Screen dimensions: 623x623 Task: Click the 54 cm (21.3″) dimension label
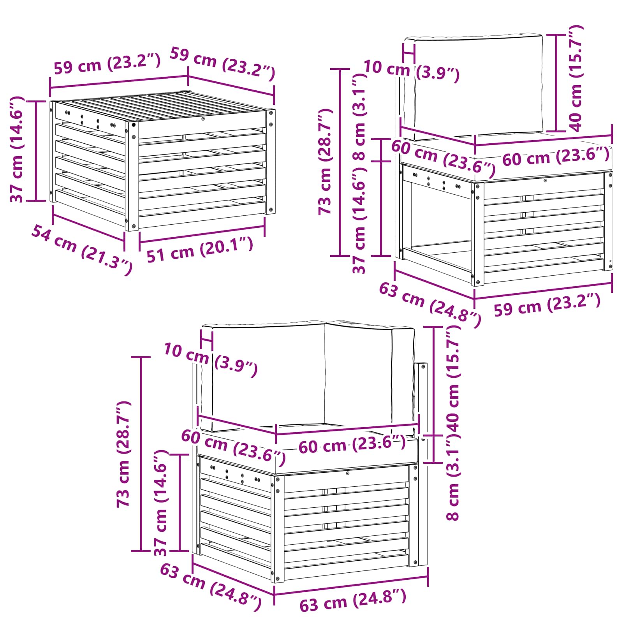[82, 249]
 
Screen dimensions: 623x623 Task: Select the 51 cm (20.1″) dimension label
[200, 250]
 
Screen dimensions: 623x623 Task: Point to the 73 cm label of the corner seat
[124, 454]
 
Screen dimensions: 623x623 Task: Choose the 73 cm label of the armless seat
[325, 161]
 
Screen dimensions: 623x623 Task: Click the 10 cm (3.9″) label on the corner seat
[210, 359]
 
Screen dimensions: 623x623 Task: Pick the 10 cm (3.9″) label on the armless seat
[411, 71]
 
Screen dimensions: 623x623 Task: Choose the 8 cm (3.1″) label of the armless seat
[359, 117]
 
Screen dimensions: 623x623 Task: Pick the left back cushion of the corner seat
[269, 376]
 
